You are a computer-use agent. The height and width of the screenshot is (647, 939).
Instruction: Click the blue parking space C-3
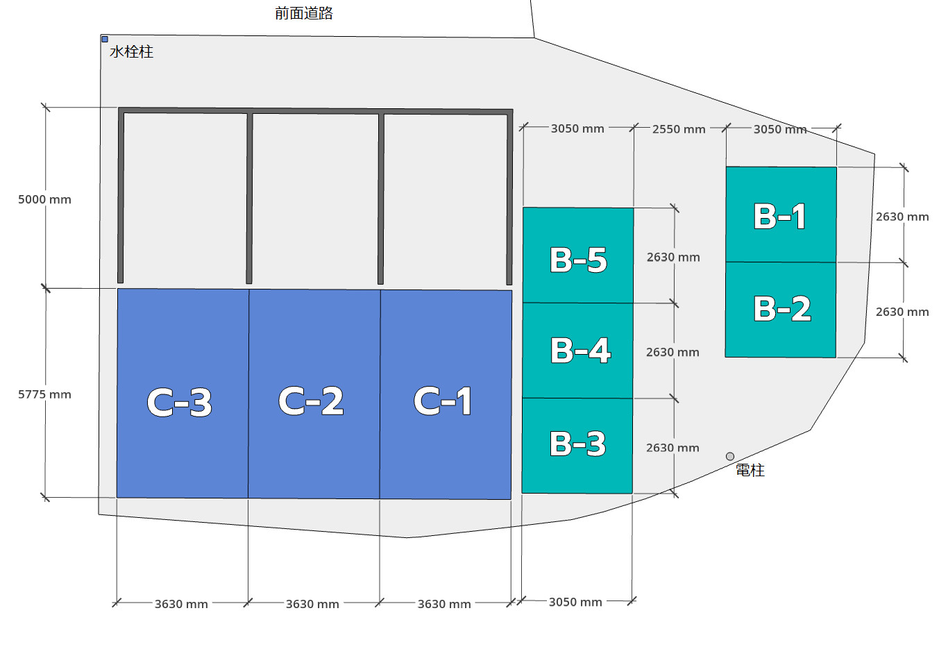point(183,394)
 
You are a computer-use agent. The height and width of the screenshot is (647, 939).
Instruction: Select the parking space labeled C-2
point(314,394)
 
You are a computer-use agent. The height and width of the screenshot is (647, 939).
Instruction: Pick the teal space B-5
point(578,255)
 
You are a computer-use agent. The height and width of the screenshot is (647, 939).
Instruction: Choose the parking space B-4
point(577,350)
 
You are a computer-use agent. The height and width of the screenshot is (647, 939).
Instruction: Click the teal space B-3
point(577,445)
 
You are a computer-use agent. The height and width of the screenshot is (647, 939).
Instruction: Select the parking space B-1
point(781,215)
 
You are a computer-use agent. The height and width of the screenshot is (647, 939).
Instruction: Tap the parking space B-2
point(781,310)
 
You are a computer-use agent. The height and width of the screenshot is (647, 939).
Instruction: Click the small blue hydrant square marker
point(105,40)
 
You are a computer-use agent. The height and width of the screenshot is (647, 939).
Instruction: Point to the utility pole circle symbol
point(730,456)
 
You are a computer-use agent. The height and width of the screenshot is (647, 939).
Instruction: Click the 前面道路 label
point(304,13)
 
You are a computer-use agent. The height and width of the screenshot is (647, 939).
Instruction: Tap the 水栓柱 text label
point(131,52)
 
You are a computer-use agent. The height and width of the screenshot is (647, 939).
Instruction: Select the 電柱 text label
point(750,471)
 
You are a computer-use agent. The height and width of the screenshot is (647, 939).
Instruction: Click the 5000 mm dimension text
point(44,200)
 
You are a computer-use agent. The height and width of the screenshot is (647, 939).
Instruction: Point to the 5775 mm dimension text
point(44,395)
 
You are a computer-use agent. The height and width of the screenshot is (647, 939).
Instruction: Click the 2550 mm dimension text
point(679,129)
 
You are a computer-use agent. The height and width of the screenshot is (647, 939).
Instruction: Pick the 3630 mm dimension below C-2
point(313,604)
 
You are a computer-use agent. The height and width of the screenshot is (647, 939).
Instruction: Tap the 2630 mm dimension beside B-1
point(902,217)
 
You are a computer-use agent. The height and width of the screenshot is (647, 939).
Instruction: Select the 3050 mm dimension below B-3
point(575,602)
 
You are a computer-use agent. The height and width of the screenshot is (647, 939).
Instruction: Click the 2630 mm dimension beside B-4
point(672,353)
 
